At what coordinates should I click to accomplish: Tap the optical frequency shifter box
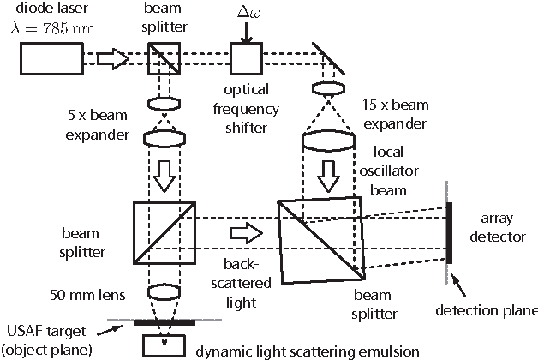244,58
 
